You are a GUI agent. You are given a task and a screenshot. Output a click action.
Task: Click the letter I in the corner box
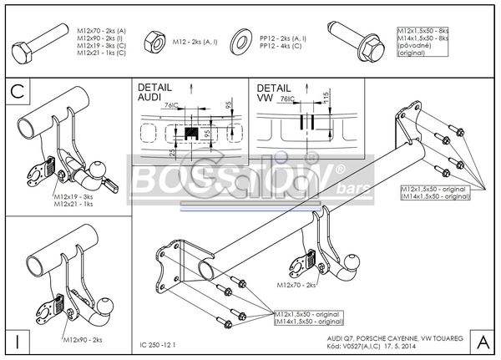pyautogui.click(x=18, y=341)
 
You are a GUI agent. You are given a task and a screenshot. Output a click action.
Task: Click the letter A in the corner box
pyautogui.click(x=483, y=341)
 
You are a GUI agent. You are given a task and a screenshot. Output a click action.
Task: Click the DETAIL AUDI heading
pyautogui.click(x=155, y=93)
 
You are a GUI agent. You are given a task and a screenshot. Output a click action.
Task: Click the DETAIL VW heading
pyautogui.click(x=275, y=93)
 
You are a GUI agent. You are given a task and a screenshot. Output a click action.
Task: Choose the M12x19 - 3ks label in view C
pyautogui.click(x=74, y=196)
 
